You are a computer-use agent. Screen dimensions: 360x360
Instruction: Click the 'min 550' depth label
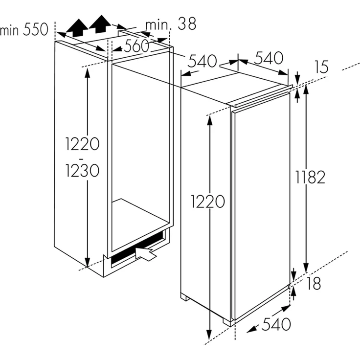click(x=24, y=30)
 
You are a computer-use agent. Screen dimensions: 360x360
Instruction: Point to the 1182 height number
click(x=309, y=177)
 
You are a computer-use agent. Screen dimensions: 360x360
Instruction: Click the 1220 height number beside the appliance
click(x=208, y=201)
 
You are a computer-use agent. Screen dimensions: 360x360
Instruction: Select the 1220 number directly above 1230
click(x=83, y=144)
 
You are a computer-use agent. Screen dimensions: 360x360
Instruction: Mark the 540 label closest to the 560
click(x=202, y=61)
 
